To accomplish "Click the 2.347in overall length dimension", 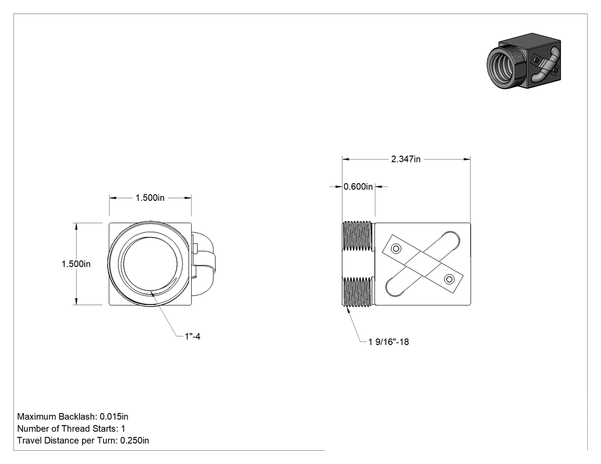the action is pyautogui.click(x=405, y=159).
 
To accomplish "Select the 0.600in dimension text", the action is pyautogui.click(x=358, y=187).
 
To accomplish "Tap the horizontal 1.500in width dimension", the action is pyautogui.click(x=150, y=198).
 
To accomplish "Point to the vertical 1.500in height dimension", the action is pyautogui.click(x=76, y=264).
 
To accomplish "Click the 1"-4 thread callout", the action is pyautogui.click(x=192, y=336).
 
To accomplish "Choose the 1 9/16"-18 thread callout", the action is pyautogui.click(x=389, y=342).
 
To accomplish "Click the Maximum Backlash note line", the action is pyautogui.click(x=73, y=417).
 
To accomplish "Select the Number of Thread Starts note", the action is pyautogui.click(x=72, y=429).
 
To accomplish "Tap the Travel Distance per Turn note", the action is pyautogui.click(x=83, y=441).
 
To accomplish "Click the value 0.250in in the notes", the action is pyautogui.click(x=135, y=441).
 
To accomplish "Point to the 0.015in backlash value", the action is pyautogui.click(x=114, y=417).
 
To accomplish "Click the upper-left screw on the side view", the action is pyautogui.click(x=396, y=249).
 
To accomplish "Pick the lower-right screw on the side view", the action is pyautogui.click(x=449, y=279).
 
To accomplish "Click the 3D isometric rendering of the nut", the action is pyautogui.click(x=524, y=61).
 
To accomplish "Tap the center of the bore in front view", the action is pyautogui.click(x=150, y=264).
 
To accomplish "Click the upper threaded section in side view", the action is pyautogui.click(x=357, y=236).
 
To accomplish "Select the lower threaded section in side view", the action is pyautogui.click(x=357, y=292).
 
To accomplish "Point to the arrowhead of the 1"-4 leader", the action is pyautogui.click(x=152, y=293).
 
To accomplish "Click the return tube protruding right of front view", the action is pyautogui.click(x=204, y=264).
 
